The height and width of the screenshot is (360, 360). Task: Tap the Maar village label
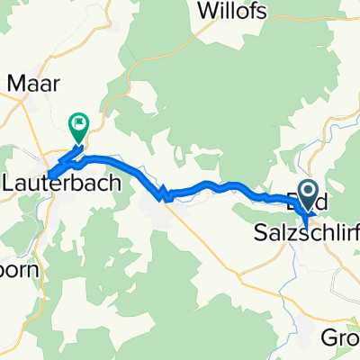(x=33, y=84)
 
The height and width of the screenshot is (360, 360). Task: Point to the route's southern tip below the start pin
(x=305, y=220)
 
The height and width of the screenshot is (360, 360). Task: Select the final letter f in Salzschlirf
(x=356, y=230)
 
